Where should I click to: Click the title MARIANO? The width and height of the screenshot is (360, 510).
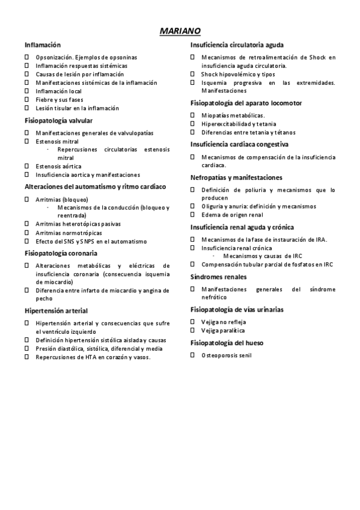click(180, 31)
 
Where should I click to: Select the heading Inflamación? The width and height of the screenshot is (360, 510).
click(43, 45)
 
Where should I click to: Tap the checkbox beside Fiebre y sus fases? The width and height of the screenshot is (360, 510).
click(26, 100)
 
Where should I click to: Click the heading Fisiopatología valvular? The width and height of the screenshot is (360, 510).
click(58, 121)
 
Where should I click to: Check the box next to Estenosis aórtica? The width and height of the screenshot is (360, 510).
click(26, 166)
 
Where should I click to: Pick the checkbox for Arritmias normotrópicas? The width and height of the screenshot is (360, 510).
click(26, 233)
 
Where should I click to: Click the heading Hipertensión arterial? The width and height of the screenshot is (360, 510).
click(56, 311)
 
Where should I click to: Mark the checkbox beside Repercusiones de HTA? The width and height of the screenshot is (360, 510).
click(26, 357)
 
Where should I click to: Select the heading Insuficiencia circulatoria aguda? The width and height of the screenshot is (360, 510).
click(237, 45)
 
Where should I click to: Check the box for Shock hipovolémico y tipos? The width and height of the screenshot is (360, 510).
click(193, 74)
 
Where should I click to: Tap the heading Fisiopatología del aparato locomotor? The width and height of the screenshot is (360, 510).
click(246, 103)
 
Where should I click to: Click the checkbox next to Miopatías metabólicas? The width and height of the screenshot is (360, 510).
click(193, 115)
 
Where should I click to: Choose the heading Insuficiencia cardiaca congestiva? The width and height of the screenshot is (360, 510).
click(239, 144)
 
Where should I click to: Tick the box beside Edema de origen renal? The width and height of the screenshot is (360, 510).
click(193, 215)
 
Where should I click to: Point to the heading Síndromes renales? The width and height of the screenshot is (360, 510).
click(219, 277)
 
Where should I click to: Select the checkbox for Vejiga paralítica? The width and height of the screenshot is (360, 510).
click(193, 331)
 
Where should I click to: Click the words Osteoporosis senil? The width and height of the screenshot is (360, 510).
click(227, 355)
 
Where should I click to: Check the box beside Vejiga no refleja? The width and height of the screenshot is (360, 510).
click(193, 322)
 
